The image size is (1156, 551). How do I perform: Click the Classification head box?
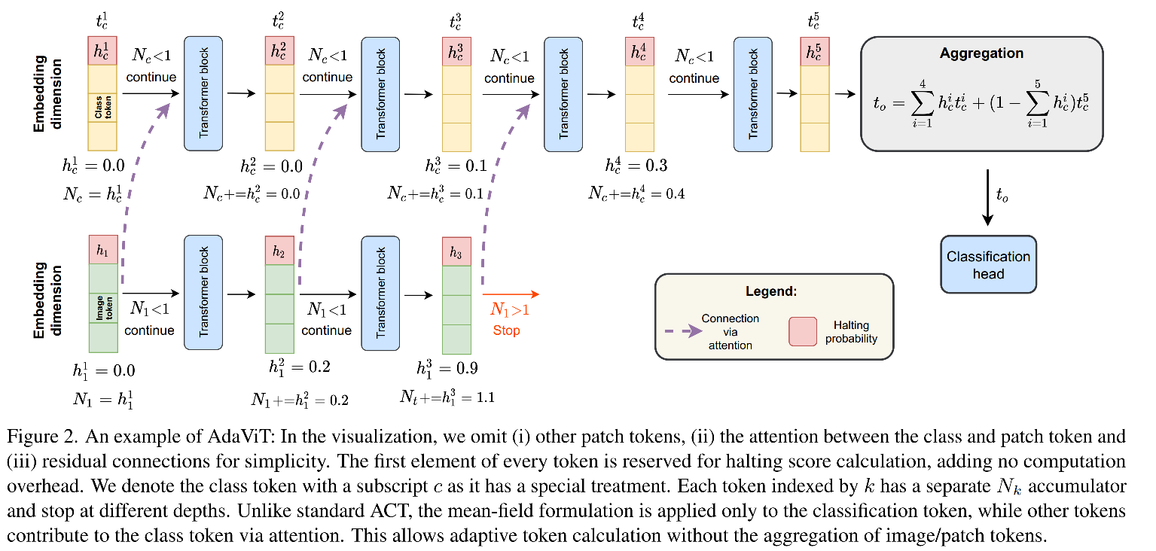[x=988, y=264]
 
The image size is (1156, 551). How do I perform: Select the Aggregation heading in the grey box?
[x=981, y=53]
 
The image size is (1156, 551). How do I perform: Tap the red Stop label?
[x=506, y=330]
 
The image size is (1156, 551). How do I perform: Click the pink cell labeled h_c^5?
[x=814, y=52]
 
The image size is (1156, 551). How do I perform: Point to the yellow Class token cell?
[x=102, y=107]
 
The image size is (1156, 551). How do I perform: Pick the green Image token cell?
[x=103, y=308]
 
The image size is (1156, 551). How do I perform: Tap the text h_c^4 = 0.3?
[x=636, y=166]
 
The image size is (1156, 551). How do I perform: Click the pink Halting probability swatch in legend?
[x=802, y=331]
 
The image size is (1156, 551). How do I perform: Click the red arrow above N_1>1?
[x=511, y=294]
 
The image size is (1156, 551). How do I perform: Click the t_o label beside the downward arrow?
[x=1002, y=196]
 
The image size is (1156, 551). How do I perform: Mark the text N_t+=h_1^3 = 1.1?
[x=447, y=397]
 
